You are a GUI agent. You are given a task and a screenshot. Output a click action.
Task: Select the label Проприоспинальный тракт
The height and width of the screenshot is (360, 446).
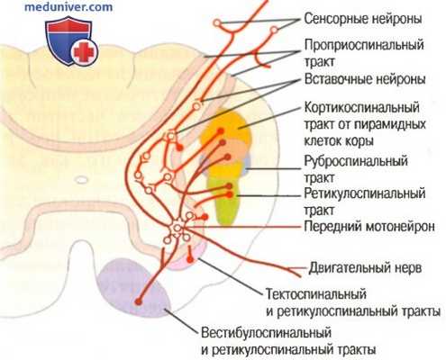[x=357, y=52]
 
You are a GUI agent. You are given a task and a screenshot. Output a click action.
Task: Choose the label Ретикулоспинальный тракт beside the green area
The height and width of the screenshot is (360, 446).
[x=366, y=199]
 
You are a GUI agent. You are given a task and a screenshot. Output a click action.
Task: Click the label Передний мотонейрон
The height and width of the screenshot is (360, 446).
[x=372, y=226]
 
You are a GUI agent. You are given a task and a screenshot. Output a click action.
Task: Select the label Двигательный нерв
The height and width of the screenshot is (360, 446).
[x=368, y=266]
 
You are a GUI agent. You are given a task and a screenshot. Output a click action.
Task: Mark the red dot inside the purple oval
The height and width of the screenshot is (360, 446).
[x=138, y=299]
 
